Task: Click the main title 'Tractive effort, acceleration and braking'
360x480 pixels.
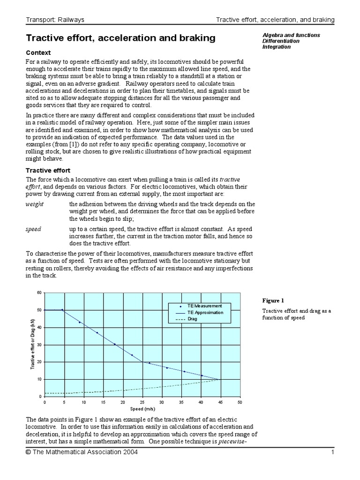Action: coord(120,38)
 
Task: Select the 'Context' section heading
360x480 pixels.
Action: coord(38,52)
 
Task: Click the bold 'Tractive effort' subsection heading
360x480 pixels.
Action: coord(48,171)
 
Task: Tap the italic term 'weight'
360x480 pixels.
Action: coord(34,204)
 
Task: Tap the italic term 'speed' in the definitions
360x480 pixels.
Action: coord(33,229)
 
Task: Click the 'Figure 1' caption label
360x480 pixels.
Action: coord(273,300)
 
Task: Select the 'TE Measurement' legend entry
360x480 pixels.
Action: coord(204,306)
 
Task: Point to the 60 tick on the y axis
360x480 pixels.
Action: coord(39,292)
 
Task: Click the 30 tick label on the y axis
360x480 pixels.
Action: coord(39,345)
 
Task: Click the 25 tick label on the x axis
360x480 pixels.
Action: coord(142,402)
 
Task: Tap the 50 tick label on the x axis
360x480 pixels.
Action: coord(240,402)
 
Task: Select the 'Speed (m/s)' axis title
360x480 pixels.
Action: coord(142,409)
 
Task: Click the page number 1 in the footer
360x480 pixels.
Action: coord(332,452)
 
